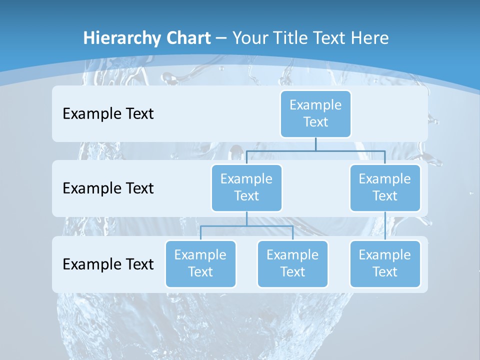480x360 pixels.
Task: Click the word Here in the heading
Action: tap(369, 38)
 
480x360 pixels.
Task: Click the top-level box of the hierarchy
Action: tap(315, 113)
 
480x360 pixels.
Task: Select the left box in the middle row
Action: tap(246, 187)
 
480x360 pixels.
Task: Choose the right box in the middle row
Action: tap(385, 187)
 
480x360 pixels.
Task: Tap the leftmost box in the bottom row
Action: tap(200, 263)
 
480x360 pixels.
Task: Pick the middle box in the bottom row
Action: tap(292, 263)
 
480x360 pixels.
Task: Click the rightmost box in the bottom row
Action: tap(385, 263)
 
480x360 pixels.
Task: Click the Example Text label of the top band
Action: tap(108, 113)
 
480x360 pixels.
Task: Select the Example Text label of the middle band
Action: tap(108, 188)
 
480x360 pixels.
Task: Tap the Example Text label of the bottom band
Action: tap(108, 264)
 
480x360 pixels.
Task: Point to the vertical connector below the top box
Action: tap(315, 144)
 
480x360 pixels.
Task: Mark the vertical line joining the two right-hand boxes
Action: tap(385, 226)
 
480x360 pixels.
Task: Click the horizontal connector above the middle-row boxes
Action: tap(315, 150)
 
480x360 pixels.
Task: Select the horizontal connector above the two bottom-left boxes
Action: tap(246, 226)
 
